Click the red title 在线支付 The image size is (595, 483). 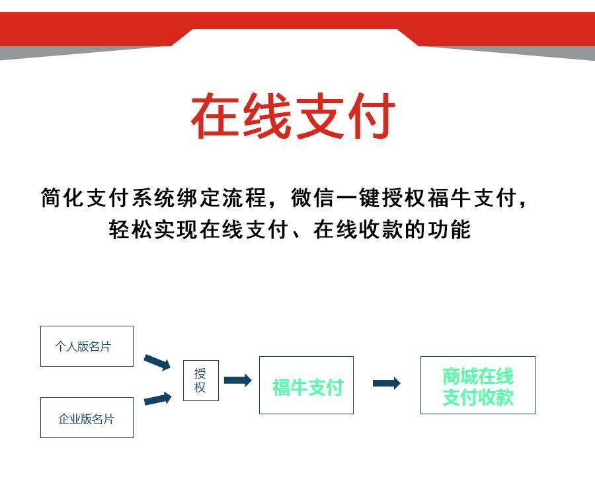click(x=293, y=116)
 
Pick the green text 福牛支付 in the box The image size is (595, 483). click(x=307, y=387)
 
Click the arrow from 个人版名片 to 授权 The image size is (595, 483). click(x=157, y=362)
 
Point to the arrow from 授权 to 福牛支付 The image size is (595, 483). click(x=237, y=381)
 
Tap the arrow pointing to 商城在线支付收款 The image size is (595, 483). click(x=386, y=383)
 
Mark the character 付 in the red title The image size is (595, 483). click(x=372, y=116)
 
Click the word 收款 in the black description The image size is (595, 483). click(x=381, y=229)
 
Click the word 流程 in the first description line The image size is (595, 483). click(x=244, y=198)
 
